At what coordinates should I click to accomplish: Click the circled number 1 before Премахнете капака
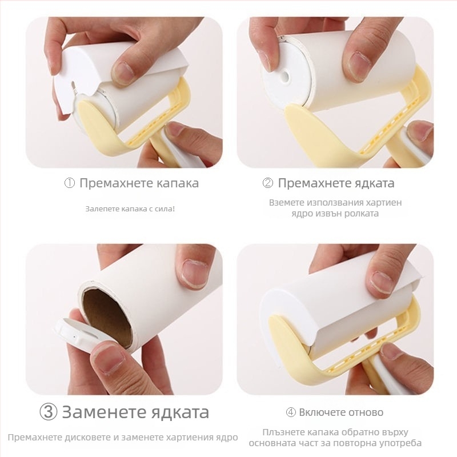click(69, 183)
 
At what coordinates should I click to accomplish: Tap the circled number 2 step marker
click(268, 183)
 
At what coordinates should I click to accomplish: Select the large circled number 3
click(48, 412)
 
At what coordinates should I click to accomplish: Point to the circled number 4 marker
click(290, 412)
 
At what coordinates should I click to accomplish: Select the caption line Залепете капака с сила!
click(130, 209)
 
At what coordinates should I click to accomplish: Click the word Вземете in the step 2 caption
click(287, 202)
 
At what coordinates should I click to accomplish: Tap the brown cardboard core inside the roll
click(106, 316)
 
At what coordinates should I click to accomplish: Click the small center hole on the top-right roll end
click(284, 75)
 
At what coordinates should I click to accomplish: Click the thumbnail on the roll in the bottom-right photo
click(382, 282)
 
